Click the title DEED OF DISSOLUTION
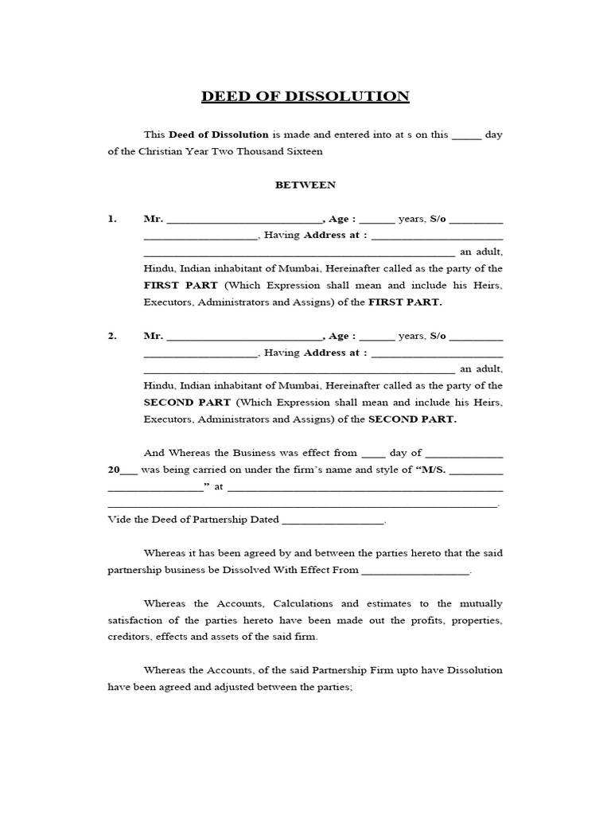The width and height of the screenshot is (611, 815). point(305,97)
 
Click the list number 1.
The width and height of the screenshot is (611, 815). point(112,219)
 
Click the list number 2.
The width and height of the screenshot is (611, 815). point(112,337)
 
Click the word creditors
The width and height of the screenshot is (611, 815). point(129,637)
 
